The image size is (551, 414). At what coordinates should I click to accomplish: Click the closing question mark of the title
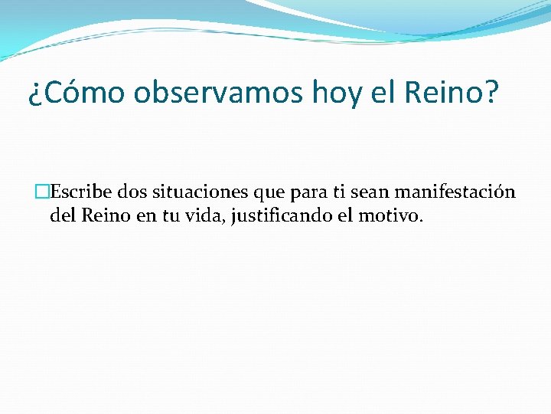(491, 94)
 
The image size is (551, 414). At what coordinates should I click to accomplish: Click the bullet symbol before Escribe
(41, 192)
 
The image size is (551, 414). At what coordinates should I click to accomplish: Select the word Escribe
(80, 192)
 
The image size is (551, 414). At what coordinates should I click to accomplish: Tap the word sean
(370, 192)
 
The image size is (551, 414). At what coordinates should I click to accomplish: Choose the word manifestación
(455, 192)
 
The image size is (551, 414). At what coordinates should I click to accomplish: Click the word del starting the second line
(62, 216)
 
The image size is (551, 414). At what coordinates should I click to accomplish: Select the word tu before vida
(168, 216)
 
